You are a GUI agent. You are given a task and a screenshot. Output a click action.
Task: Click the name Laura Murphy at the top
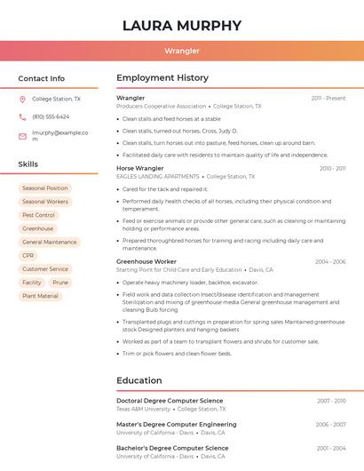click(182, 25)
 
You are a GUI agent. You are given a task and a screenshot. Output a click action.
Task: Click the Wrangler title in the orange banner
click(182, 51)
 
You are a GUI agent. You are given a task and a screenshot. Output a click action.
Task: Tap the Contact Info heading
click(41, 78)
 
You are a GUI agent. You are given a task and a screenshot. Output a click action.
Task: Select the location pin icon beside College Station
click(22, 100)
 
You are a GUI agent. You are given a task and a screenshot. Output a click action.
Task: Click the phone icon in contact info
click(22, 117)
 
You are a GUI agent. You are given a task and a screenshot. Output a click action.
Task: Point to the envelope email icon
click(22, 136)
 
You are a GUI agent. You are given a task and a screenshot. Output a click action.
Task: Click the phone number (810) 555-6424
click(51, 117)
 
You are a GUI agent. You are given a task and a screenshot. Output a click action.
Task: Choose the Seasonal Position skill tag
click(44, 188)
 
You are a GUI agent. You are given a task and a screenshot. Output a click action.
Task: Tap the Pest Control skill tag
click(38, 215)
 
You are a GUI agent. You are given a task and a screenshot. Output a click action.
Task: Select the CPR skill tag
click(28, 255)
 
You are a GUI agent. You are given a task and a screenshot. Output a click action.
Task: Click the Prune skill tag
click(60, 283)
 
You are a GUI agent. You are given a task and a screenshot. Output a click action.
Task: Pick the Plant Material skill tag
click(40, 296)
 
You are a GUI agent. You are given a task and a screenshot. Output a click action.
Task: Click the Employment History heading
click(162, 78)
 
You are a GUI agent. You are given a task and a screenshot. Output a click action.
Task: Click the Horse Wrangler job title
click(140, 168)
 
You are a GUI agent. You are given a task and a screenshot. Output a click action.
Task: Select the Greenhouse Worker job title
click(146, 262)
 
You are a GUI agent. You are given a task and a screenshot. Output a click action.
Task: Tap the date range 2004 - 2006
click(329, 262)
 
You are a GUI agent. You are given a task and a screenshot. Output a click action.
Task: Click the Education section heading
click(138, 380)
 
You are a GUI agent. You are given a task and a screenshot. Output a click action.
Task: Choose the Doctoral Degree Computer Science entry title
click(170, 401)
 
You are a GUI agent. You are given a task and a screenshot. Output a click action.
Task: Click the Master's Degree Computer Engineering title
click(177, 425)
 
